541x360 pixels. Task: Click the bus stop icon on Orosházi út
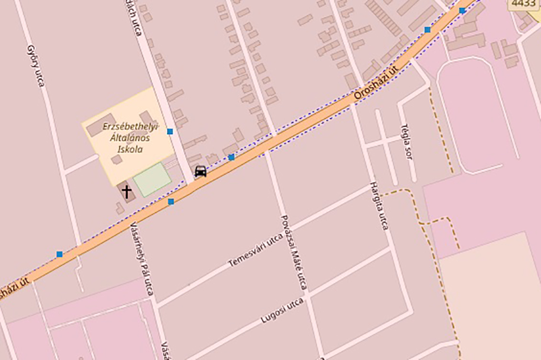[201, 171]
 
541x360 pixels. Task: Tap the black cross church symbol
[127, 191]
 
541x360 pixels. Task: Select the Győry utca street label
[36, 65]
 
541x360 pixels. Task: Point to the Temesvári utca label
[255, 250]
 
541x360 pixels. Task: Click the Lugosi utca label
[282, 311]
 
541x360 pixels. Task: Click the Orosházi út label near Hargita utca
[377, 82]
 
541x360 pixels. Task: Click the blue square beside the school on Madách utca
[170, 132]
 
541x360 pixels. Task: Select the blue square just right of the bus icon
[231, 157]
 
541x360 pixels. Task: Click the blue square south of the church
[171, 202]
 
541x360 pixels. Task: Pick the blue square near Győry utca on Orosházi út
[60, 254]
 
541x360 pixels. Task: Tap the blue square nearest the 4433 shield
[462, 10]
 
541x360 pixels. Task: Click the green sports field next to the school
[152, 179]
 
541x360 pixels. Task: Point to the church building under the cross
[128, 196]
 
